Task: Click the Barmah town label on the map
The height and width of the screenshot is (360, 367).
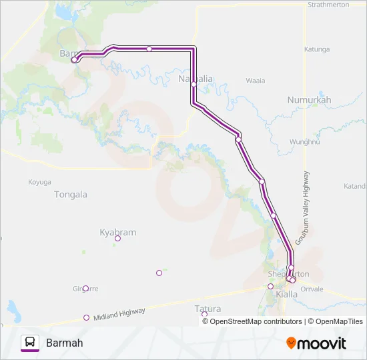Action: [x=69, y=53]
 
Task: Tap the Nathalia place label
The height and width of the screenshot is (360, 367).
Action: [x=196, y=79]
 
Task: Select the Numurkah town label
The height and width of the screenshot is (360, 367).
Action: [x=309, y=99]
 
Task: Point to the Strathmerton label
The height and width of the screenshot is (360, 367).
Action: [x=330, y=5]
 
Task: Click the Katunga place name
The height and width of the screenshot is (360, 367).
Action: [x=317, y=49]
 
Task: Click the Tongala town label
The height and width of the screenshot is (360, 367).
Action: [x=70, y=195]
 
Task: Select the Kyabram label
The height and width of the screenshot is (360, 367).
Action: [x=117, y=232]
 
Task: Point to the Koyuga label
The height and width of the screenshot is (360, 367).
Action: [x=39, y=182]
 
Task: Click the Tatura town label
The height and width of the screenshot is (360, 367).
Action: [x=208, y=309]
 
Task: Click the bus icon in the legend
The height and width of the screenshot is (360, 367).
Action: [x=29, y=343]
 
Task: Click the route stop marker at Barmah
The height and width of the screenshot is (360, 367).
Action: [x=74, y=59]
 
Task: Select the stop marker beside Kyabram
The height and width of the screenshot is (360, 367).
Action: [x=117, y=239]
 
